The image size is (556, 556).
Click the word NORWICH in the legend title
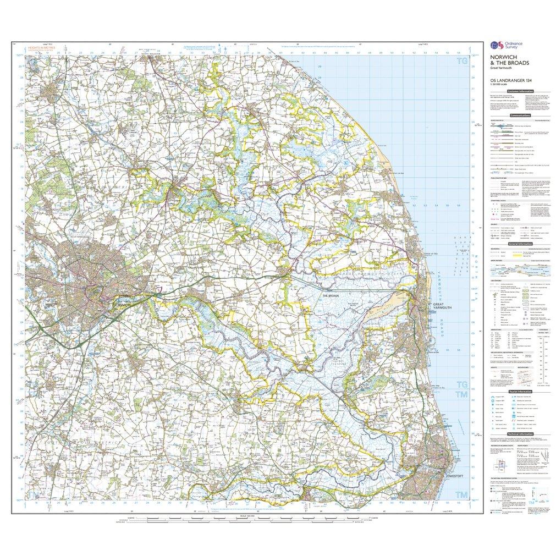(x=502, y=57)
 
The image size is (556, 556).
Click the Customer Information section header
(x=521, y=91)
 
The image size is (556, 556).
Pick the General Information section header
(x=520, y=243)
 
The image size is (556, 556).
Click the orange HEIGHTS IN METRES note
(x=41, y=48)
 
